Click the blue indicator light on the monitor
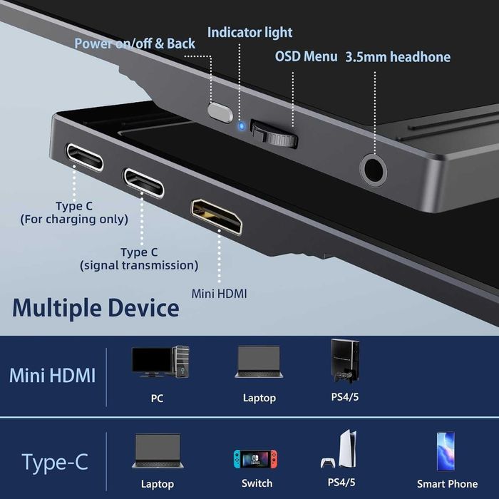242,128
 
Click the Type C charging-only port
84,157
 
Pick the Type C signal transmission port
143,182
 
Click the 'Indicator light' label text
249,32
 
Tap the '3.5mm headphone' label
398,57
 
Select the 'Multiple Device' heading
96,308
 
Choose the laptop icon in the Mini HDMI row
259,361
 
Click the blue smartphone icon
446,451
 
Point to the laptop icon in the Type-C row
158,452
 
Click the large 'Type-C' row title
55,462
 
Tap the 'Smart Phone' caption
447,484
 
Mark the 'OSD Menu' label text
306,56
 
